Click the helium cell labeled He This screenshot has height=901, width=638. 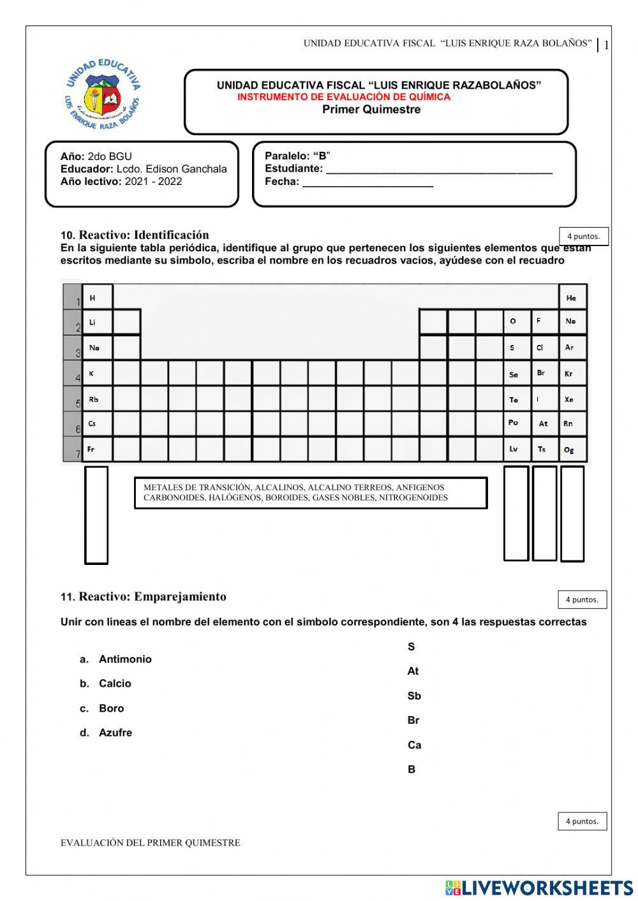tap(572, 297)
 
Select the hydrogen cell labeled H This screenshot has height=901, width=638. tap(97, 297)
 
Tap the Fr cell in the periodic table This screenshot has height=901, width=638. tap(97, 449)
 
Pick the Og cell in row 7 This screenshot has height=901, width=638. tap(572, 449)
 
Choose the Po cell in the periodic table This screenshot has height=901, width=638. tap(516, 423)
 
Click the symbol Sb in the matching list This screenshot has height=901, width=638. tap(414, 696)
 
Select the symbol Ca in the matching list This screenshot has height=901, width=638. tap(414, 745)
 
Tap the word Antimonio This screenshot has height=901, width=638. tap(125, 659)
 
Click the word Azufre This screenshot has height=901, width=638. tap(115, 733)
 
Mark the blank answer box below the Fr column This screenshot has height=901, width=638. tap(96, 515)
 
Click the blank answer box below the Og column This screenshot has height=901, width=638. tap(572, 513)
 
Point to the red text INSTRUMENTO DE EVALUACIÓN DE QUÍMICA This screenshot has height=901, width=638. tap(344, 97)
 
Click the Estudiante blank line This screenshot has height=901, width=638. tap(439, 170)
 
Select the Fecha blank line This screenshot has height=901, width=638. tap(367, 182)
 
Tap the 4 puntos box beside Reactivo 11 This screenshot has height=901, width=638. tap(582, 599)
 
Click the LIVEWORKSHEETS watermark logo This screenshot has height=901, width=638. tap(539, 888)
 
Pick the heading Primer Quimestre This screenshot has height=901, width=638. tap(371, 110)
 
